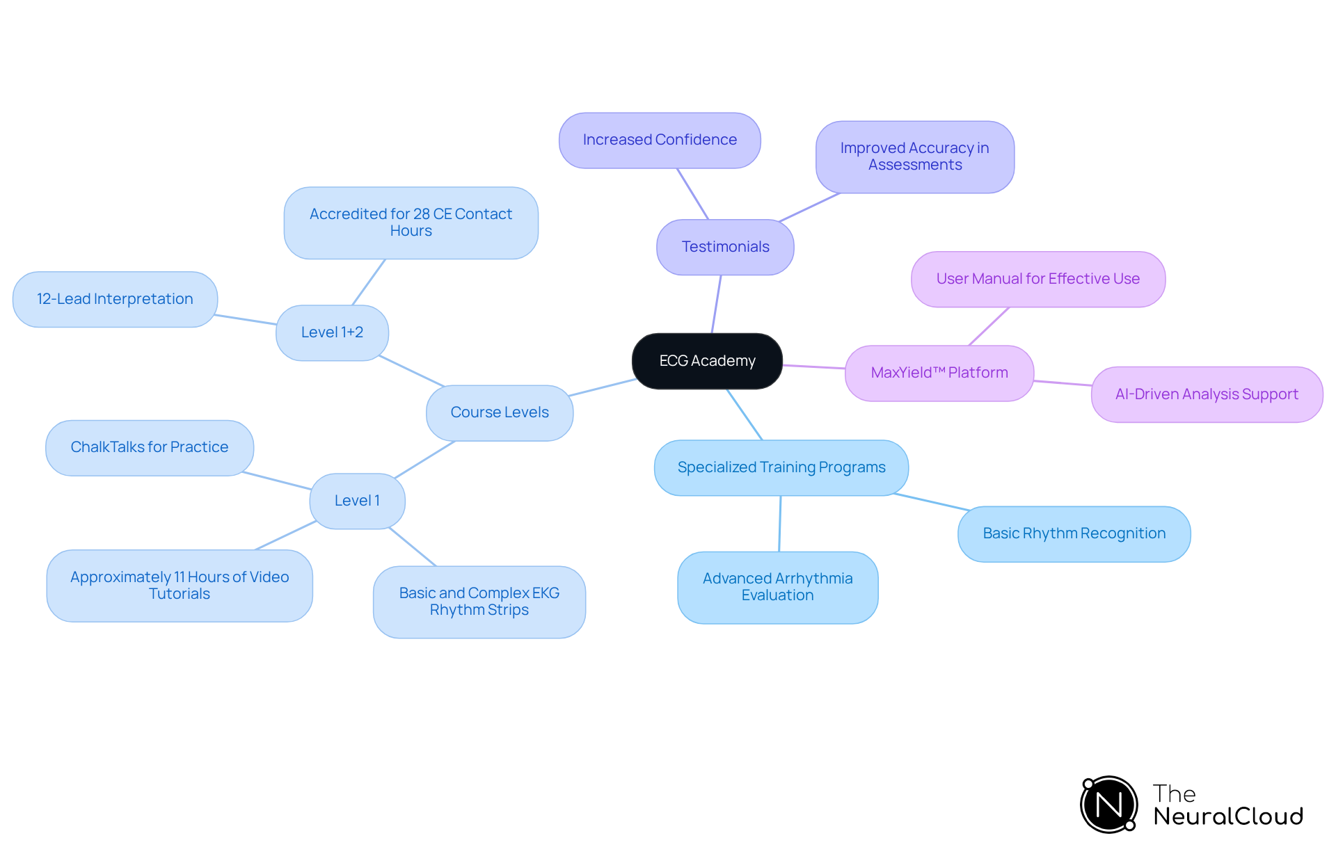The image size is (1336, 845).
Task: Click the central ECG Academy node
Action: [x=707, y=361]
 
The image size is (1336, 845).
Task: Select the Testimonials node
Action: [x=725, y=247]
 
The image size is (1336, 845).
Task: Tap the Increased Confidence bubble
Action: [x=660, y=140]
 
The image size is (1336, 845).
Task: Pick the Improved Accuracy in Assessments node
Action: [x=914, y=156]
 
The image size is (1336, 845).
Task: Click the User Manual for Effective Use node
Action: [x=1037, y=279]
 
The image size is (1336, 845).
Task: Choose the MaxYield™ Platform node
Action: [x=939, y=373]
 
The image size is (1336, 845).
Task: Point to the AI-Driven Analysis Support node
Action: [x=1207, y=394]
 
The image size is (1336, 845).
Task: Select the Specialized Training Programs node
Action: [x=781, y=467]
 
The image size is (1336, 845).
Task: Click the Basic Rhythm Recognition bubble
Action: [x=1074, y=533]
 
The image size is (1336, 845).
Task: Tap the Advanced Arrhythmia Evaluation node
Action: [x=777, y=587]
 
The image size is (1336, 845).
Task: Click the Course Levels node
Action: [x=500, y=412]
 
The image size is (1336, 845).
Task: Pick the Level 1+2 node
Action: [x=332, y=332]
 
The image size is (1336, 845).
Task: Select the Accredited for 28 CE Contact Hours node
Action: [x=411, y=223]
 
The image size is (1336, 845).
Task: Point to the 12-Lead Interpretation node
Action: [x=115, y=299]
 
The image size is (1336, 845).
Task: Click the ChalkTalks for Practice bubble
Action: [x=150, y=447]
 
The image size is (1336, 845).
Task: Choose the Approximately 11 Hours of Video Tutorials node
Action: [x=180, y=586]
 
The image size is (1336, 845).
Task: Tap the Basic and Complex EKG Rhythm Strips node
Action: [x=479, y=602]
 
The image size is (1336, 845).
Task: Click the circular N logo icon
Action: [x=1108, y=805]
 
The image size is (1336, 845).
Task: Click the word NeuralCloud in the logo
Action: [x=1227, y=816]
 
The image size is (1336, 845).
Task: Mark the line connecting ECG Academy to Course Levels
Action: [x=603, y=387]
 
